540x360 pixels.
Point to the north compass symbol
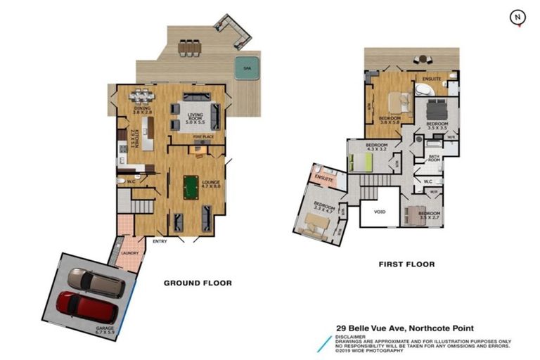click(x=517, y=17)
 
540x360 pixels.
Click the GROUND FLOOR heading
click(x=198, y=283)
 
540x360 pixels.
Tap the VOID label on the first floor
click(x=380, y=212)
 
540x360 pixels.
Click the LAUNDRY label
click(x=128, y=253)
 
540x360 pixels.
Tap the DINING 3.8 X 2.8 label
click(x=143, y=110)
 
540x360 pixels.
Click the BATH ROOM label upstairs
click(x=434, y=160)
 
